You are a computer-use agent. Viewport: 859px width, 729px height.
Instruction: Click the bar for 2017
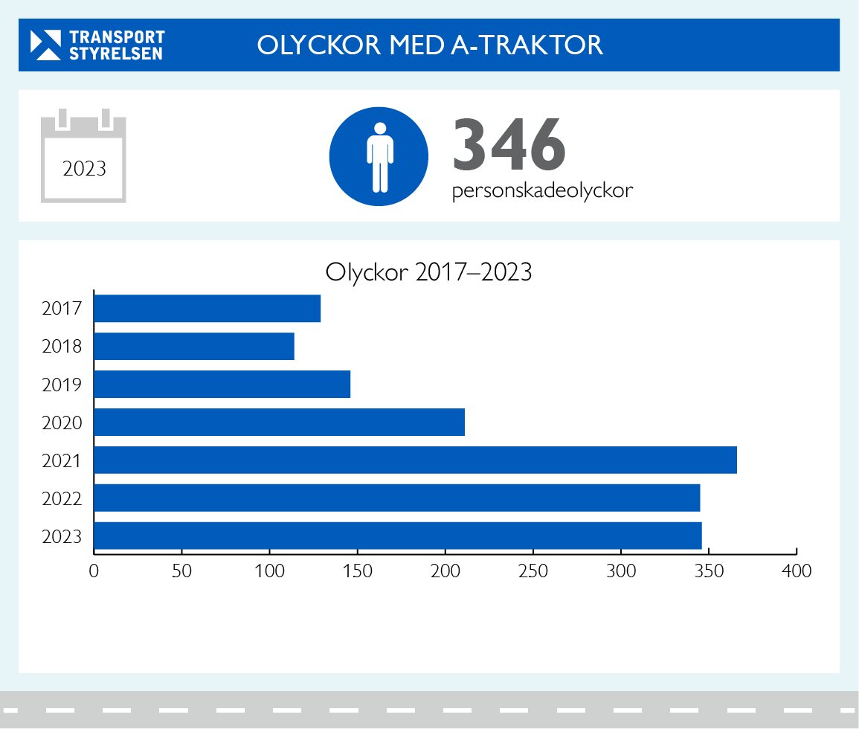(207, 309)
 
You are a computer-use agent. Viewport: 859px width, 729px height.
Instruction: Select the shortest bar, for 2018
(194, 347)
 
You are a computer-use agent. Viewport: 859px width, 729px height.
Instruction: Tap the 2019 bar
(222, 385)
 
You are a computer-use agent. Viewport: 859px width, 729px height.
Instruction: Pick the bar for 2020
(279, 423)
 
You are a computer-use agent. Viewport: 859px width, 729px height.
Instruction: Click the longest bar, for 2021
(415, 460)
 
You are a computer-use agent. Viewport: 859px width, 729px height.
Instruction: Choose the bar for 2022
(396, 498)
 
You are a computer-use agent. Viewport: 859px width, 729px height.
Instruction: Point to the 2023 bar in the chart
(398, 536)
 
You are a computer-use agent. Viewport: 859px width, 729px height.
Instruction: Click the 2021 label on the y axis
(62, 461)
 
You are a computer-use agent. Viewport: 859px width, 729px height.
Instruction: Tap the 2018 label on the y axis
(62, 347)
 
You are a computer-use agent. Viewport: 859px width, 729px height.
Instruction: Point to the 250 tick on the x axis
(533, 571)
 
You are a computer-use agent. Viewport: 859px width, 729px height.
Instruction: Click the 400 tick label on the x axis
(797, 571)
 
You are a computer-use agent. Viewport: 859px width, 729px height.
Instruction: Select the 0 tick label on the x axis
(94, 571)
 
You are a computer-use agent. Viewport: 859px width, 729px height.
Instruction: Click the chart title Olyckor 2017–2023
(429, 272)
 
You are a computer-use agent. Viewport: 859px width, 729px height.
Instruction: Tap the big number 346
(509, 144)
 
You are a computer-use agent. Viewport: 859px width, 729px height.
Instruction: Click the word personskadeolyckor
(542, 191)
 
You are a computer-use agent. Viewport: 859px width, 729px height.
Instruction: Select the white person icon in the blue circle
(379, 156)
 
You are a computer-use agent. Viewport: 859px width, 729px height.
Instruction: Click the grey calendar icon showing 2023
(84, 157)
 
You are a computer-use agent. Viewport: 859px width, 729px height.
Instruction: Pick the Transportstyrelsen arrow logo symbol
(45, 45)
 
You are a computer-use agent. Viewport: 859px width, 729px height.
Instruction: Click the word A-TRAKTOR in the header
(527, 45)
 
